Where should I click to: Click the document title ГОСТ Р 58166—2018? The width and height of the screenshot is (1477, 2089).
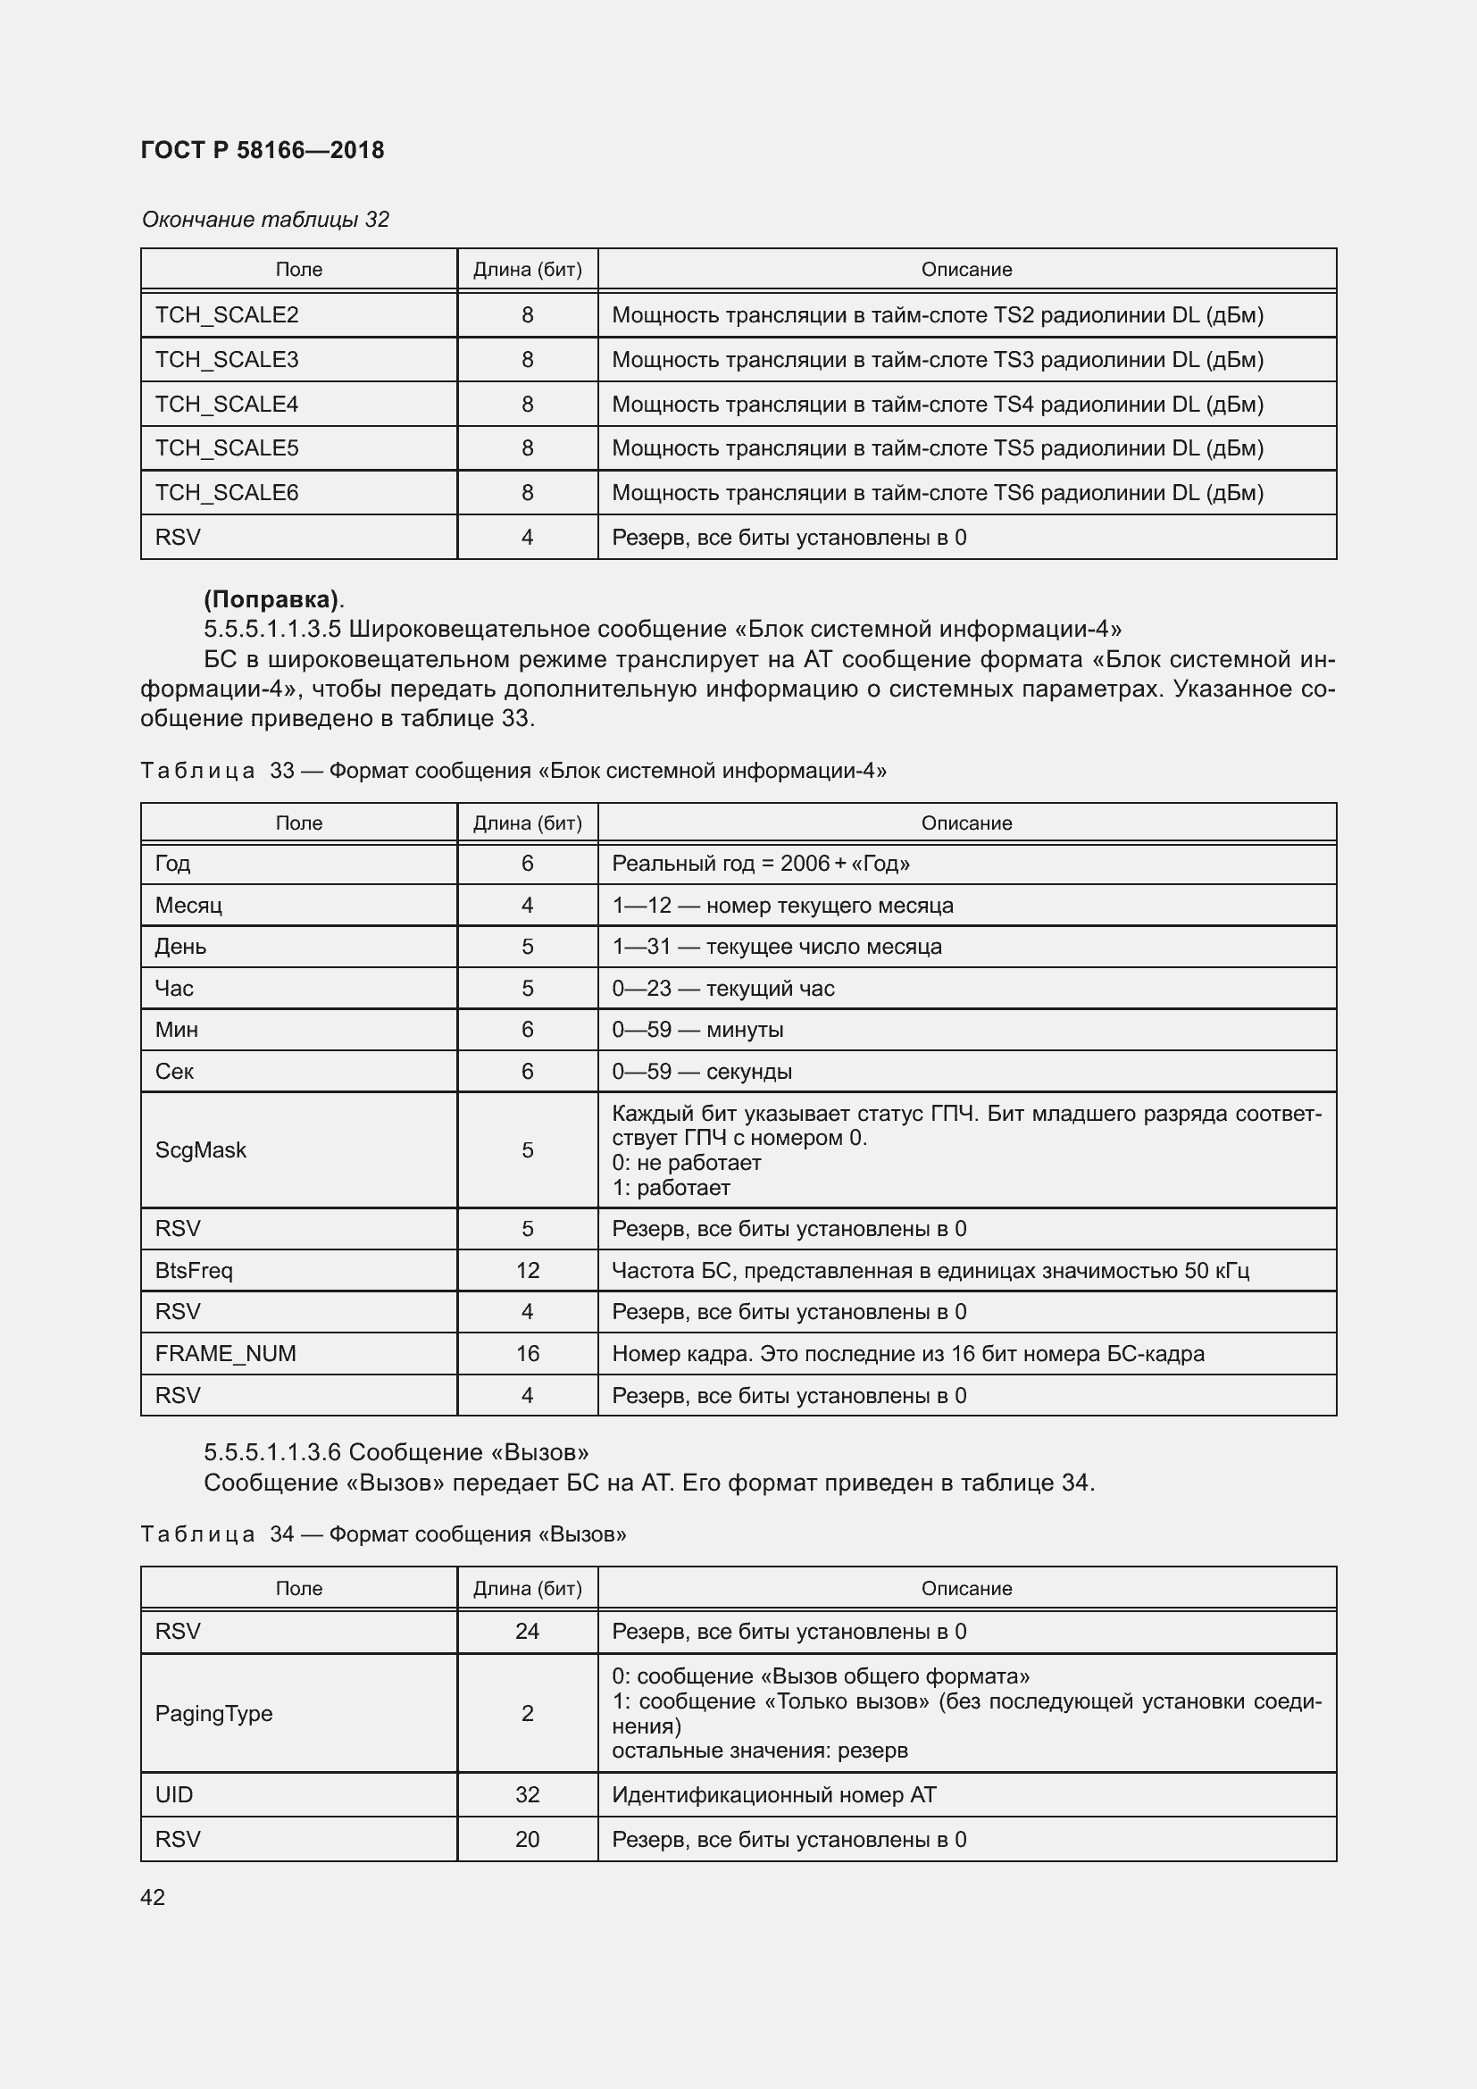coord(262,150)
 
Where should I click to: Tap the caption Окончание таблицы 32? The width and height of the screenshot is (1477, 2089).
coord(264,220)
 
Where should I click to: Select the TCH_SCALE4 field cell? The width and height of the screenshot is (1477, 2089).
coord(227,404)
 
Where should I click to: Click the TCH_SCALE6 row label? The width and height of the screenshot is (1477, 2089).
coord(227,492)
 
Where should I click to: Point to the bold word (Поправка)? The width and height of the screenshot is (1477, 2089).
coord(271,599)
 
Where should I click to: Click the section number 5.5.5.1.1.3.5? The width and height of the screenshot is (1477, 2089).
coord(272,630)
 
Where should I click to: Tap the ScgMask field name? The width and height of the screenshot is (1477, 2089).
coord(200,1150)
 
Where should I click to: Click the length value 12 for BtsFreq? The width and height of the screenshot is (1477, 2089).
coord(528,1270)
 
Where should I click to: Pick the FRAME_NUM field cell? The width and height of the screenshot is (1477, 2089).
coord(225,1353)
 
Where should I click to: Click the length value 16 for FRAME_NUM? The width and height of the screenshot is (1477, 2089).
coord(528,1353)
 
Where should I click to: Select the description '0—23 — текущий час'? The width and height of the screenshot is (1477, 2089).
coord(723,988)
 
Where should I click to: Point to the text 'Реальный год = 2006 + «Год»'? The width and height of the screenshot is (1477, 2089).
coord(760,864)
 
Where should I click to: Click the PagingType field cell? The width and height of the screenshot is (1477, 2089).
coord(213,1713)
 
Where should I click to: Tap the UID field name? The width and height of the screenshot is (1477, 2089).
coord(174,1794)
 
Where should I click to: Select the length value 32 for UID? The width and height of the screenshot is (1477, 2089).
coord(528,1794)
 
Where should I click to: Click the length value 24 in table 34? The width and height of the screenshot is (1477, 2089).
coord(528,1632)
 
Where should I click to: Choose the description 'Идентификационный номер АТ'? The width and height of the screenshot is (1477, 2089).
coord(773,1794)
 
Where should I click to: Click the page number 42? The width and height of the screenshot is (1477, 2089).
coord(153,1897)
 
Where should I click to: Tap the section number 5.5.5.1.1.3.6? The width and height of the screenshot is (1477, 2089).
coord(272,1452)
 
